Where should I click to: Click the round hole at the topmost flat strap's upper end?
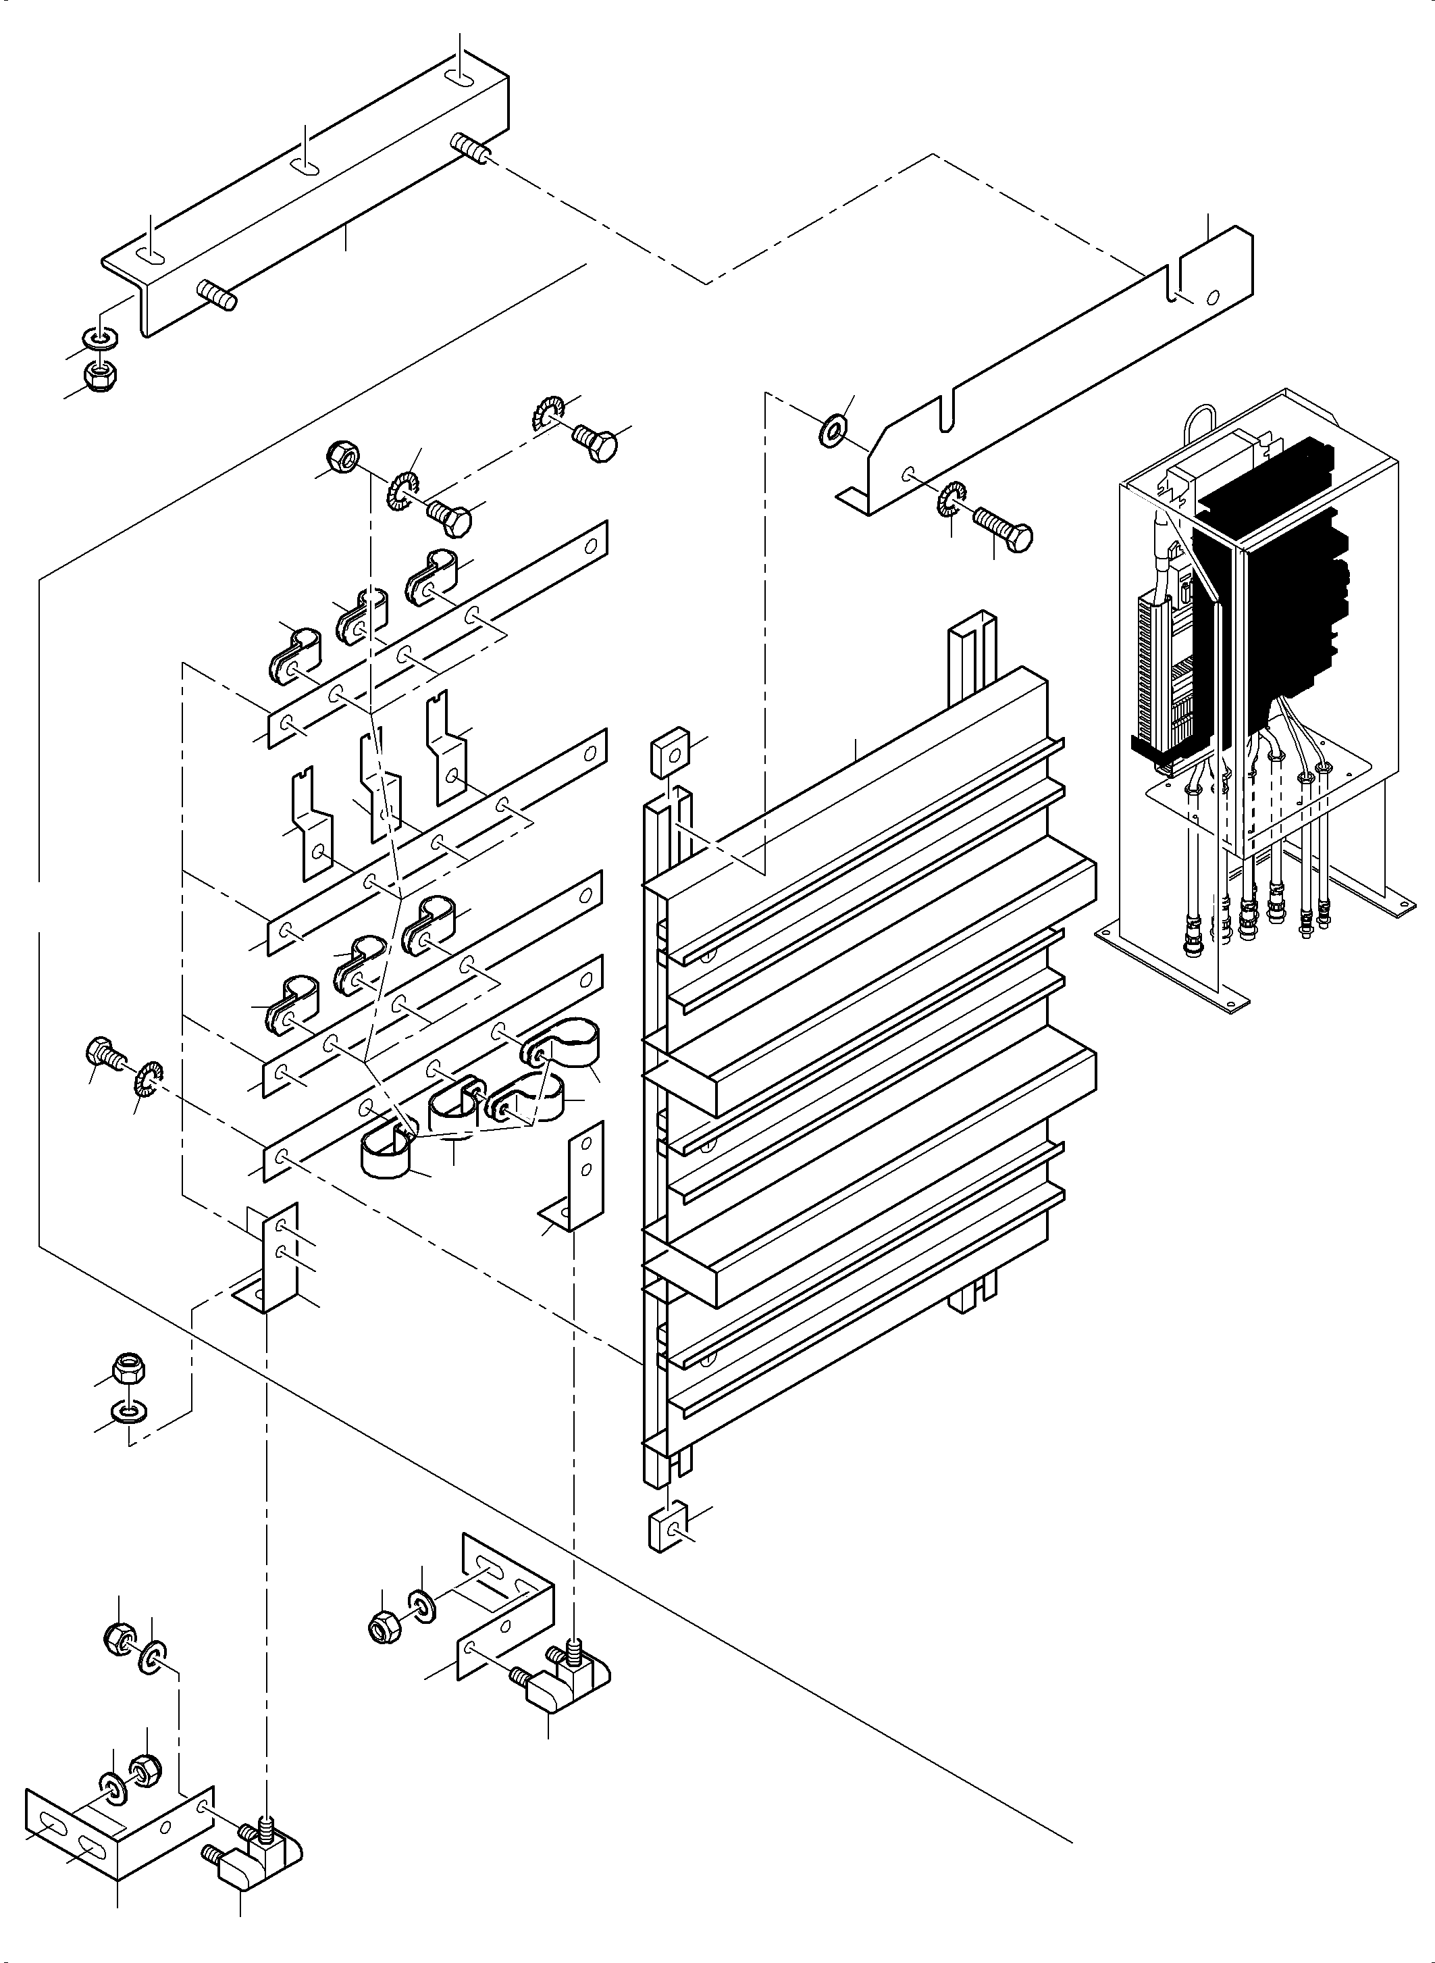tap(591, 546)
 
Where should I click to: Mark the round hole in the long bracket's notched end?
tap(1213, 297)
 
